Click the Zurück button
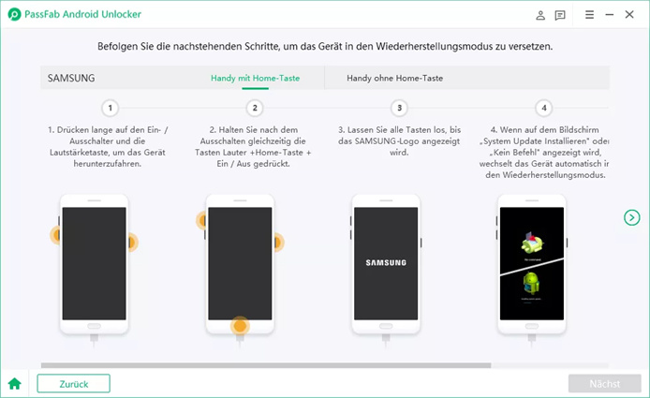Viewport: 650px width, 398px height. pos(73,383)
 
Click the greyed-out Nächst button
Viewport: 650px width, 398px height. pos(604,383)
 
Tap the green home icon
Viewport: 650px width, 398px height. pos(14,383)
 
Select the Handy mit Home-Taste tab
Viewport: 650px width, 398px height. pos(255,78)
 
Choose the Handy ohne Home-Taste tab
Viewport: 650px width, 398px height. pos(394,78)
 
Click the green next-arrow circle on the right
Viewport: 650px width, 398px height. pos(632,217)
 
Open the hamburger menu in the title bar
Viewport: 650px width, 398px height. pos(589,15)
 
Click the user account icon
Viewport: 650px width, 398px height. pos(540,15)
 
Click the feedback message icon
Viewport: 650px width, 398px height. pos(560,15)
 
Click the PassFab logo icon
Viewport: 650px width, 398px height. pos(14,15)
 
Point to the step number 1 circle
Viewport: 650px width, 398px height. pos(111,108)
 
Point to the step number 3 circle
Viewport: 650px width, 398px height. pos(400,108)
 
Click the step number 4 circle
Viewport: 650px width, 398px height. pos(544,108)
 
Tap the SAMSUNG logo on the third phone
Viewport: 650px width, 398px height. pos(385,264)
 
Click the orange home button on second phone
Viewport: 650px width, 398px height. pos(241,327)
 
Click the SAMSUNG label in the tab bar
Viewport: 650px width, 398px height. pos(72,78)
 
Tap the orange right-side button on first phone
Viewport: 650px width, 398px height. pos(131,243)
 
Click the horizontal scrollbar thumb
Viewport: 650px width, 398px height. pos(265,365)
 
